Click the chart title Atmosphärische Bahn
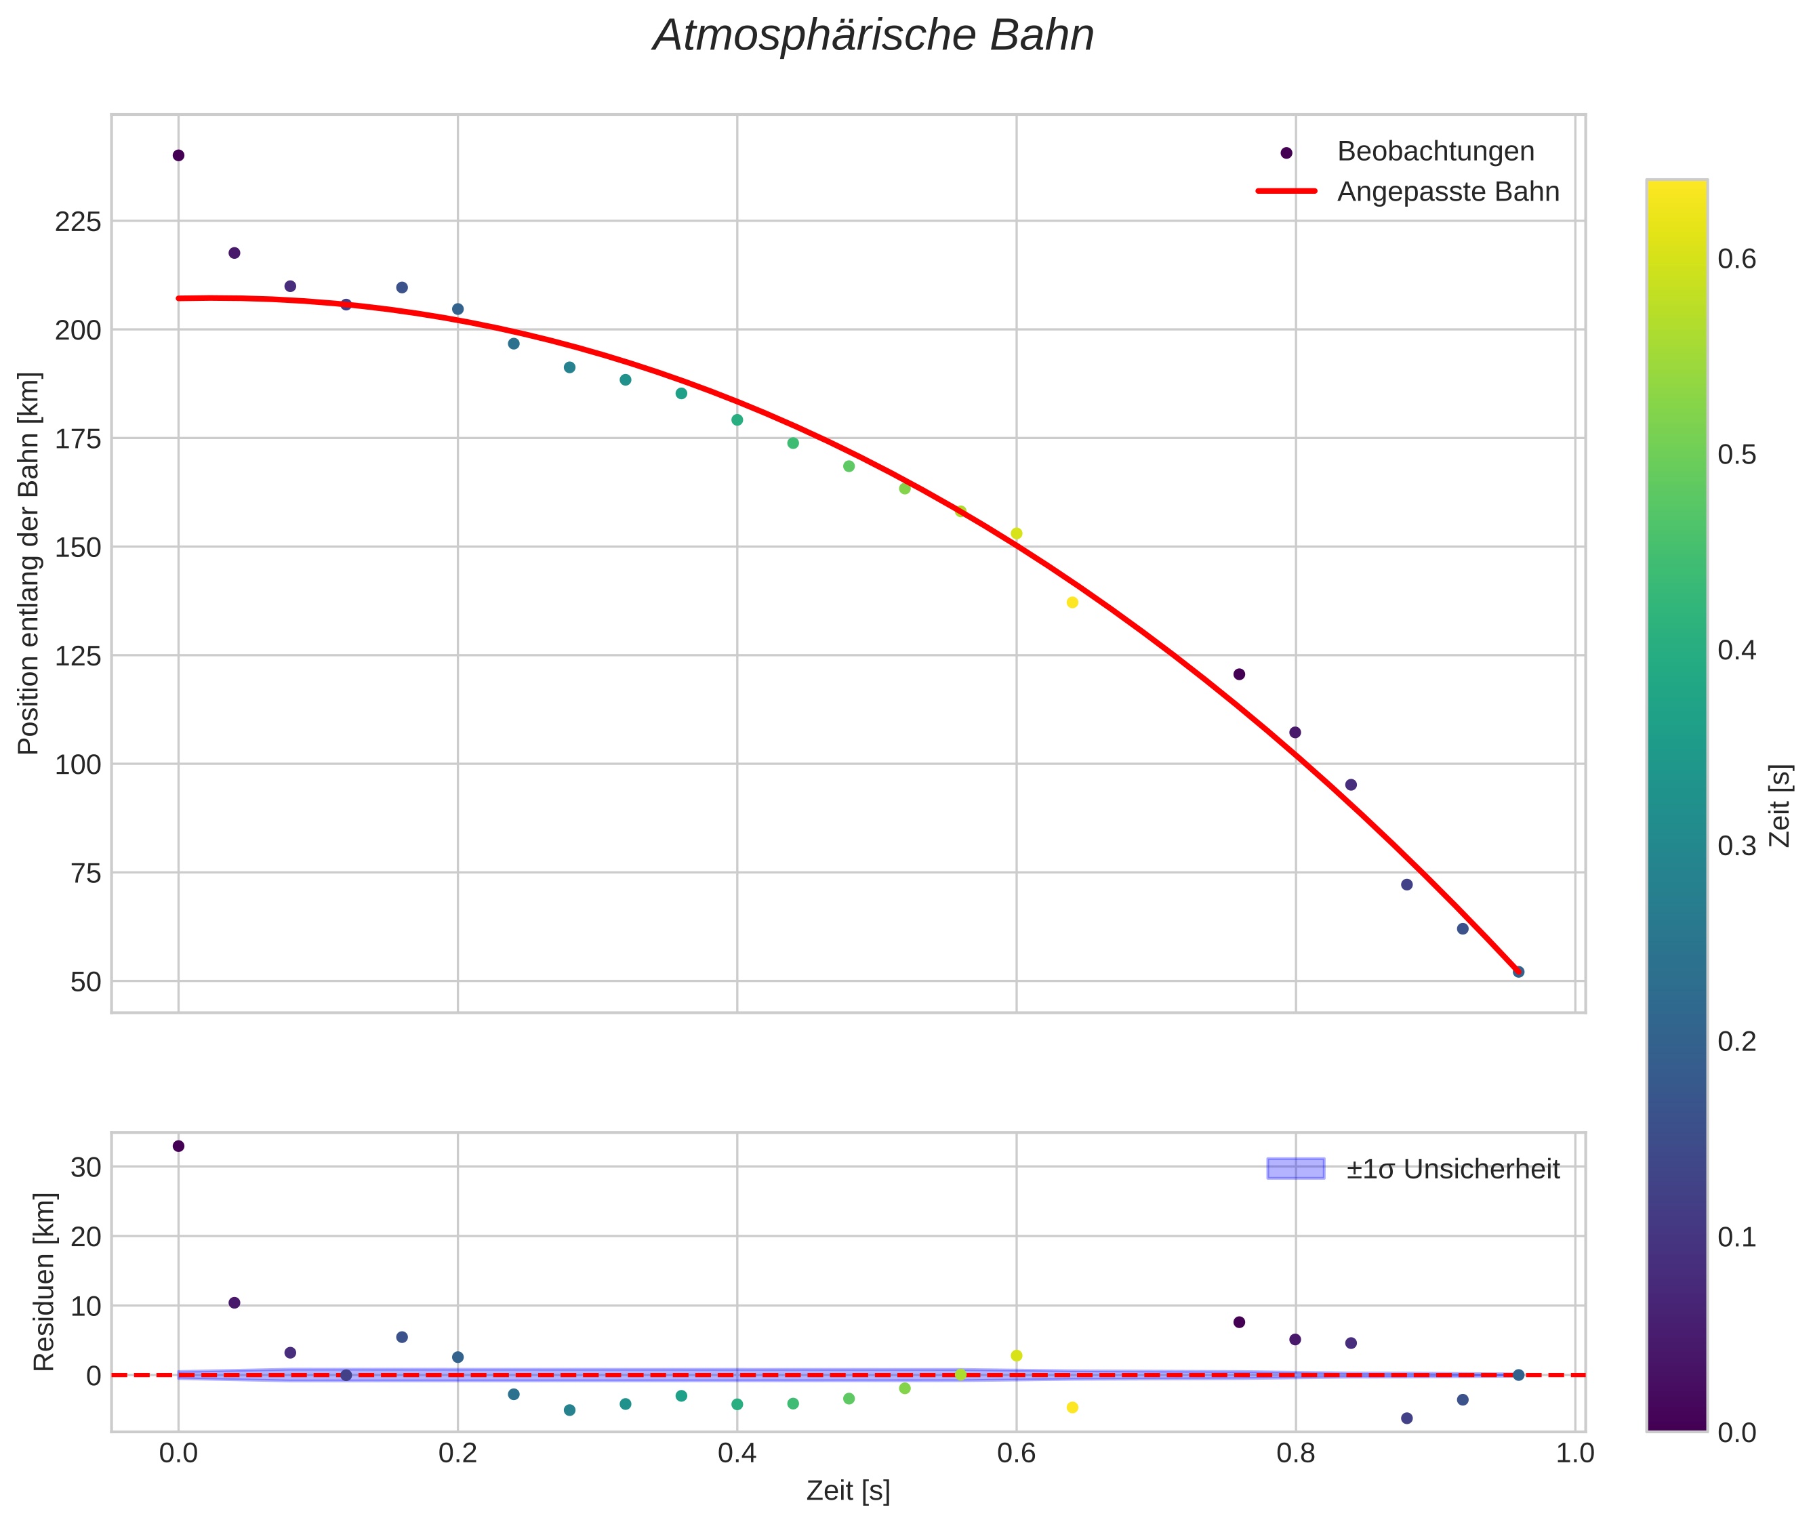pyautogui.click(x=873, y=36)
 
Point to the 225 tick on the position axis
pyautogui.click(x=78, y=222)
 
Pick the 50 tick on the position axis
pyautogui.click(x=86, y=982)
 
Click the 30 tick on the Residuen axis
pyautogui.click(x=86, y=1168)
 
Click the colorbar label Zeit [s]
pyautogui.click(x=1780, y=806)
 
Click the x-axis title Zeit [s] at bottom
pyautogui.click(x=847, y=1491)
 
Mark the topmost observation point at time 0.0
pyautogui.click(x=179, y=155)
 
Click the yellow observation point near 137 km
pyautogui.click(x=1072, y=602)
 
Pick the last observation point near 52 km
pyautogui.click(x=1518, y=972)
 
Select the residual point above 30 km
pyautogui.click(x=179, y=1146)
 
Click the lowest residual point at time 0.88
pyautogui.click(x=1406, y=1418)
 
